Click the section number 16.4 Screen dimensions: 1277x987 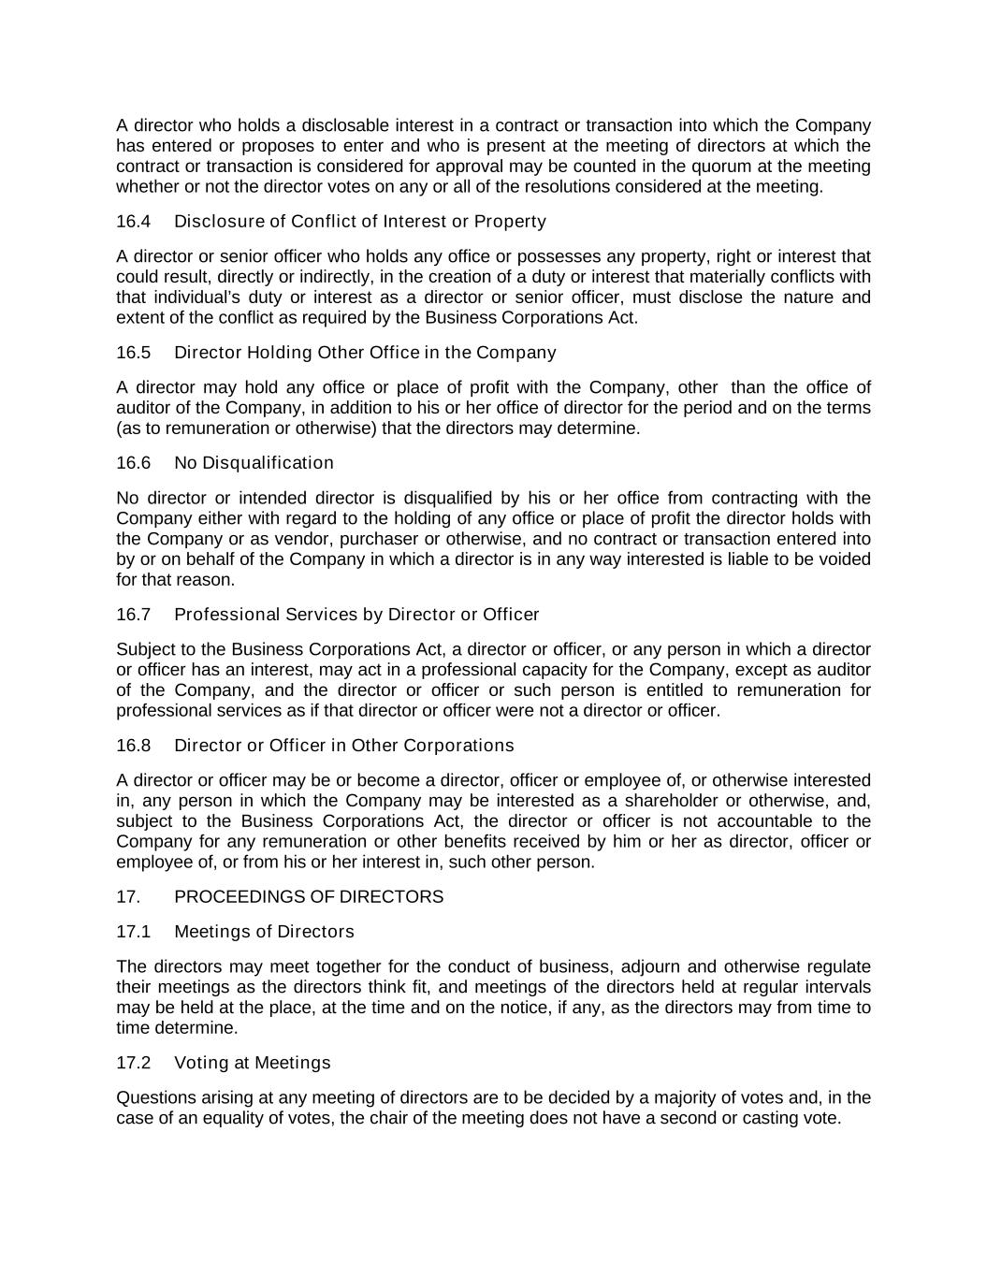(x=133, y=222)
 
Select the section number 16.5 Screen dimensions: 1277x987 (x=133, y=353)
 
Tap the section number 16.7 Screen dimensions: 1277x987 (x=133, y=615)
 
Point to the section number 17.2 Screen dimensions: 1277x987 (x=133, y=1063)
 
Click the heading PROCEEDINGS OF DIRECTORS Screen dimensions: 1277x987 (x=309, y=897)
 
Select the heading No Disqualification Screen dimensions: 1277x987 (x=254, y=463)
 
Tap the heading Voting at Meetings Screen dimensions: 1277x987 (x=253, y=1063)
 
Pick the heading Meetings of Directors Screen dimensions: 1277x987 (x=264, y=932)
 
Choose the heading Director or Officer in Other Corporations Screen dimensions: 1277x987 (x=343, y=746)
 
